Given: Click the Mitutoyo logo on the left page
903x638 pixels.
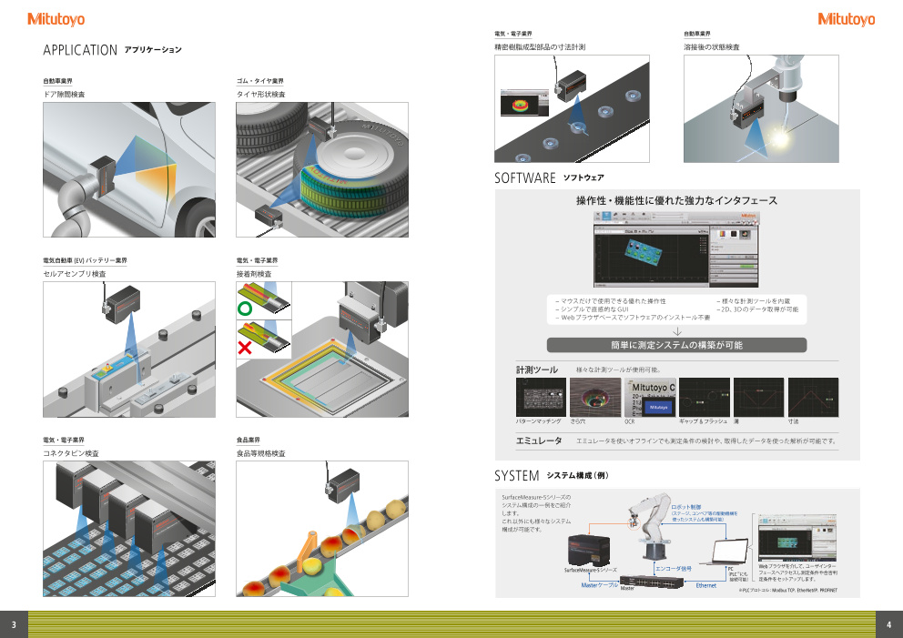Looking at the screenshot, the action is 56,19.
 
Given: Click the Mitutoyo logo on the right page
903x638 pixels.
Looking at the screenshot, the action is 846,19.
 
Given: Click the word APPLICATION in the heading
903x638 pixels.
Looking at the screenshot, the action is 80,50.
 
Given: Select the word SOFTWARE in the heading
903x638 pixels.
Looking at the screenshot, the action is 525,177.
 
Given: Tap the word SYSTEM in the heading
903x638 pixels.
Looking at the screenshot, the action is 517,476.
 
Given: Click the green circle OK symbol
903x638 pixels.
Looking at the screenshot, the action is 244,309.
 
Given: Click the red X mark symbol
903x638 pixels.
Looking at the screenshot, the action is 244,348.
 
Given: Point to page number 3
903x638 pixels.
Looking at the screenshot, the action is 14,624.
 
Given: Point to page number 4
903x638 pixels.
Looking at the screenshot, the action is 888,624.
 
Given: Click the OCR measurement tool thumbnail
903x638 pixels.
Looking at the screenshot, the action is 650,397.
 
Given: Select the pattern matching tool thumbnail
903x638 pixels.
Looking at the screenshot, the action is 541,397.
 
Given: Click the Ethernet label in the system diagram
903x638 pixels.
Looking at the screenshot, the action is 705,585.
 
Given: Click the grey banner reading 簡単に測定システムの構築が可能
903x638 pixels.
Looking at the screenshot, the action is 676,345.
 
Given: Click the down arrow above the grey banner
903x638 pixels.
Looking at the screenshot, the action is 676,331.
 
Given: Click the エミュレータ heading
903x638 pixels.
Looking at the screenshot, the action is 539,441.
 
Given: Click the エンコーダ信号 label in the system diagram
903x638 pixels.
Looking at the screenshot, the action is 674,568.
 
